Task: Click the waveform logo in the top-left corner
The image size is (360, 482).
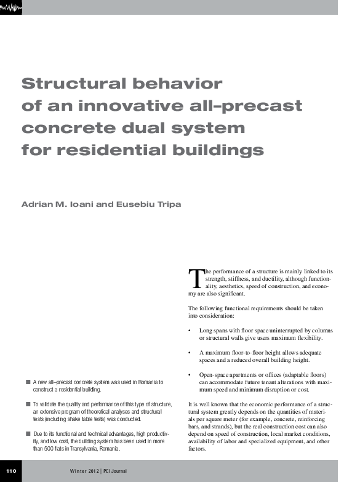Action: point(11,7)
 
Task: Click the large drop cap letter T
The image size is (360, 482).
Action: point(195,278)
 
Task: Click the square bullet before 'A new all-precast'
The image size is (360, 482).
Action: point(28,382)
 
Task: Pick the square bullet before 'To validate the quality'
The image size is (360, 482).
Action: point(28,404)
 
